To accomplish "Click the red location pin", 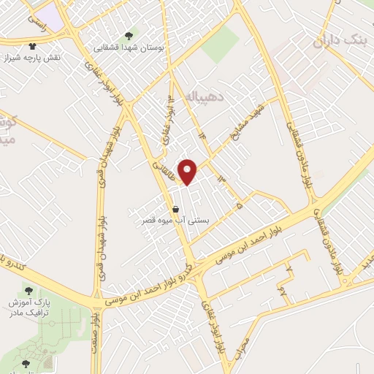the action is click(x=188, y=171).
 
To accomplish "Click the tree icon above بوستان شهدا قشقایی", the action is click(x=129, y=35).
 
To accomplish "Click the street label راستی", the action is click(x=35, y=24).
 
